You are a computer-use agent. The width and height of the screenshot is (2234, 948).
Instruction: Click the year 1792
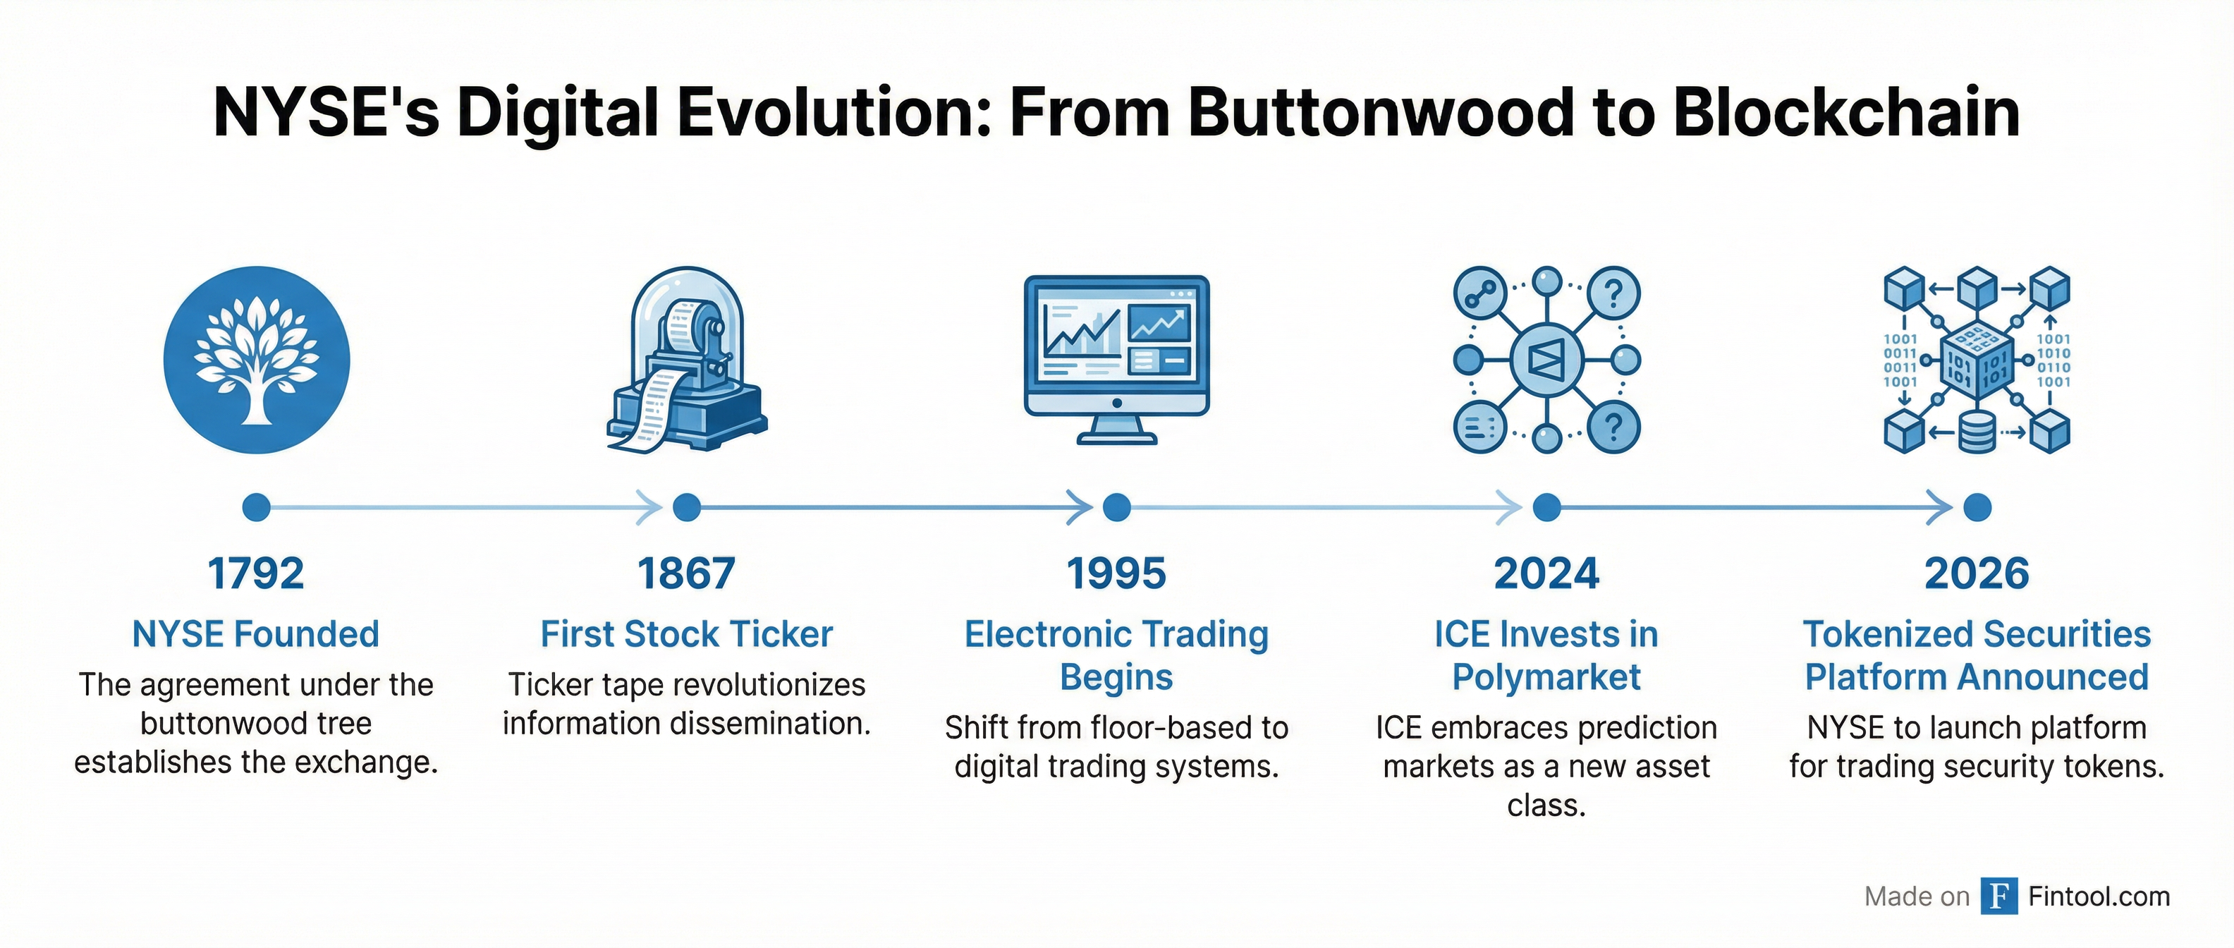(x=256, y=573)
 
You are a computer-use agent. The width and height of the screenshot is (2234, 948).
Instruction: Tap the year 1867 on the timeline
(x=686, y=573)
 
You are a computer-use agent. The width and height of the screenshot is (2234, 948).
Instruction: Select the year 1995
(x=1116, y=573)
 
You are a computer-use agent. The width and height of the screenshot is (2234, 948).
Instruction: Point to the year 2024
(x=1546, y=573)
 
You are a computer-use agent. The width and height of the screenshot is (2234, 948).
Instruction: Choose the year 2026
(x=1977, y=573)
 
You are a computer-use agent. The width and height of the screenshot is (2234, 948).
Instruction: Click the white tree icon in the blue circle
(x=257, y=360)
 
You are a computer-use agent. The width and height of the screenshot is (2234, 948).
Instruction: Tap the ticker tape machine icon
(x=686, y=360)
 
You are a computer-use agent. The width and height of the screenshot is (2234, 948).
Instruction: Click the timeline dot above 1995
(x=1116, y=507)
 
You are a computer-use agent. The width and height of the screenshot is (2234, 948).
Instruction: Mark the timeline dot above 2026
(x=1977, y=507)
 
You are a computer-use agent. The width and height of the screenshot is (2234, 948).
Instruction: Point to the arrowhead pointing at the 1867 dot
(x=649, y=507)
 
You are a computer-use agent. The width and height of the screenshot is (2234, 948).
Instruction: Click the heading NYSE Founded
(x=256, y=634)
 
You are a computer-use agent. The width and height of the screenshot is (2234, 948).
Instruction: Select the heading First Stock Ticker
(x=687, y=634)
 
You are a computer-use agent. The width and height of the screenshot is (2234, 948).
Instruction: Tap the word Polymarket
(x=1546, y=677)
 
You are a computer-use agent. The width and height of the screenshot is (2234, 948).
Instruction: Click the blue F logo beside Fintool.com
(x=1999, y=896)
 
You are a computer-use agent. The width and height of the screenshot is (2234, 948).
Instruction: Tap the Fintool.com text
(x=2099, y=896)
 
